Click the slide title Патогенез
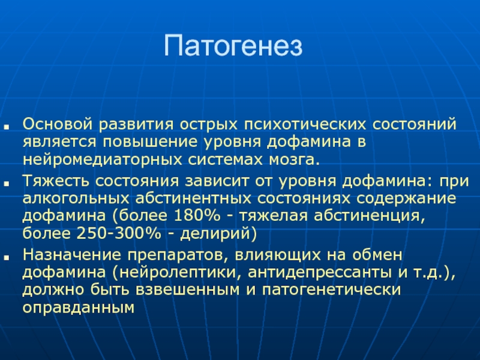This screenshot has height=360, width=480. [233, 46]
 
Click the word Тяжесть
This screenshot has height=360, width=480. [56, 181]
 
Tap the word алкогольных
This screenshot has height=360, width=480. [76, 199]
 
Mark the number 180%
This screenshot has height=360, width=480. [197, 216]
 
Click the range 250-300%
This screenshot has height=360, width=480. [118, 233]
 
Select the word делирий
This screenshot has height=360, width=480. [216, 234]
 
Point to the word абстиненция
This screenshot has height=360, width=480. [370, 216]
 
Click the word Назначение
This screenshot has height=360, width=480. [71, 255]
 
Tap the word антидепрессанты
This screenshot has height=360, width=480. [320, 273]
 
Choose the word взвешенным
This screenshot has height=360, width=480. [187, 290]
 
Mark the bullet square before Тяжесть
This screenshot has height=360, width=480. [7, 183]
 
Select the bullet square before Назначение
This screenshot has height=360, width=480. [7, 257]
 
